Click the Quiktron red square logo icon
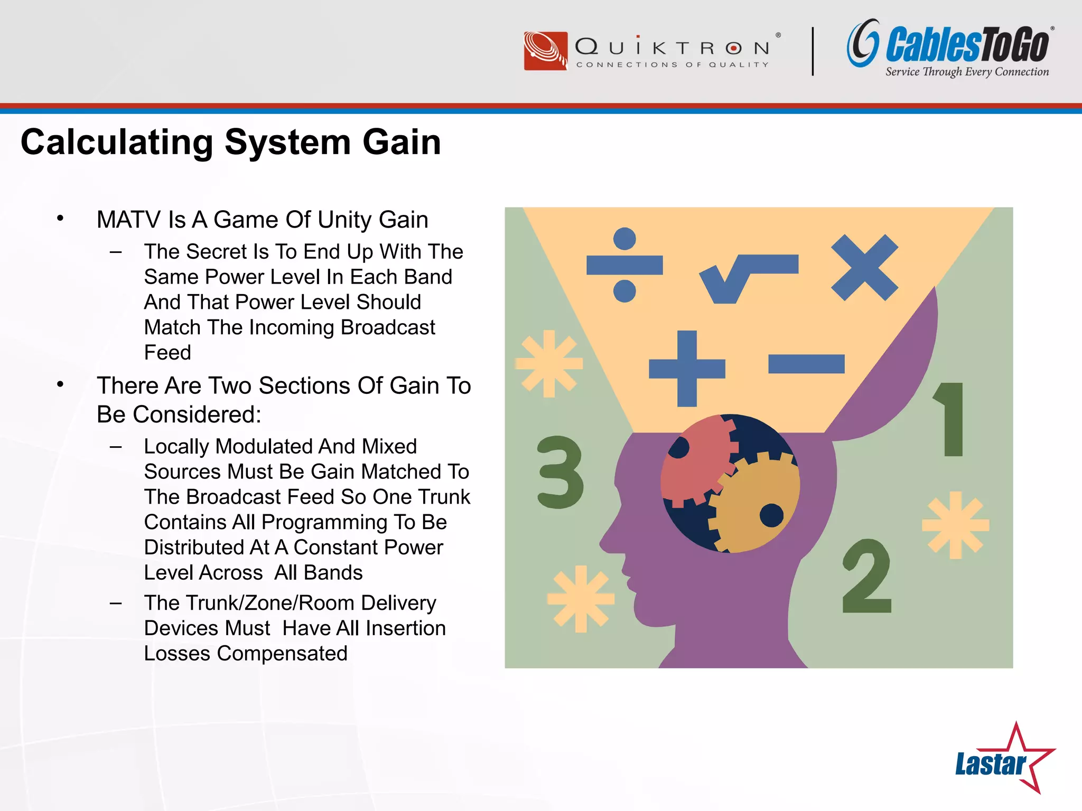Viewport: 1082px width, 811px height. pos(545,51)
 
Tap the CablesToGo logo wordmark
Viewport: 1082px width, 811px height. pos(967,45)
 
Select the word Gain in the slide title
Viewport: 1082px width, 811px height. pos(402,143)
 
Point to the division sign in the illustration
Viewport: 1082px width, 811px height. pos(624,265)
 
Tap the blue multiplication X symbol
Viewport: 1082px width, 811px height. pos(864,268)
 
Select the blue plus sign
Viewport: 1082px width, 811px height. pos(687,368)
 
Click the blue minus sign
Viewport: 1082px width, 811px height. pos(806,364)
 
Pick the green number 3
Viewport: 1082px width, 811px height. pos(560,473)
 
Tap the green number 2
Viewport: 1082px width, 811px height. pos(866,577)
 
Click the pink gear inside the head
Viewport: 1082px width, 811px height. pos(695,459)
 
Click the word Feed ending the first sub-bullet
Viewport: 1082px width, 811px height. pos(167,353)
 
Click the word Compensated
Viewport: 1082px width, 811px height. pos(282,654)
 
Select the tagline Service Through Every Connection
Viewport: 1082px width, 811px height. pos(967,72)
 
